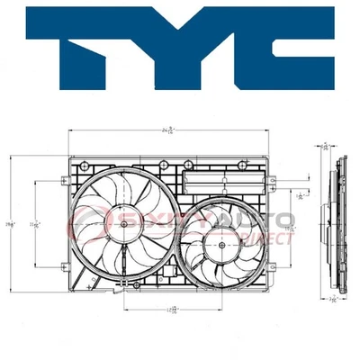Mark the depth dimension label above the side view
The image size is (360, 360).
pos(326,144)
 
